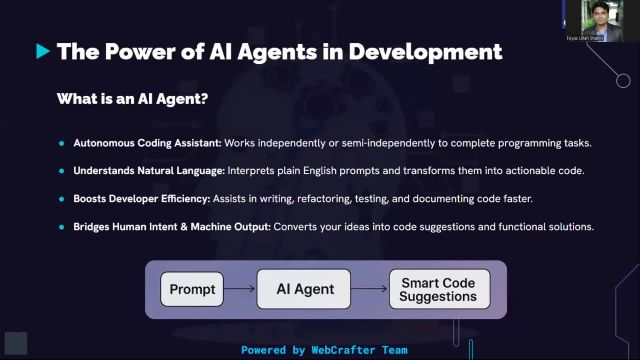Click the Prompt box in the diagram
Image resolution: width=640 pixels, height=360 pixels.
tap(193, 290)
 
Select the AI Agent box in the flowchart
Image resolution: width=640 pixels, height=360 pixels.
tap(306, 290)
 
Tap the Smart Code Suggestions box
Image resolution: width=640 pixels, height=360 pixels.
tap(440, 290)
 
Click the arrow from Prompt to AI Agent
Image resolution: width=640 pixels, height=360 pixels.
tap(241, 290)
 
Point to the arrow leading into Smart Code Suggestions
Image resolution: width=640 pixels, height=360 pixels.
tap(371, 290)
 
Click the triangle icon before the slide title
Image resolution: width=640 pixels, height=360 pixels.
tap(43, 50)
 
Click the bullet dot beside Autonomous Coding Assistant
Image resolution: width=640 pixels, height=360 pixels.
tap(62, 143)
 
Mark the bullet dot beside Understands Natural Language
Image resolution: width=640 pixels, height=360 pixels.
tap(62, 171)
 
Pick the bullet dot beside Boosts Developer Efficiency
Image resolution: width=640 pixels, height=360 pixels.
tap(62, 199)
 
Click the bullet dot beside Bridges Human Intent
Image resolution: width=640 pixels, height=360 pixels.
tap(62, 227)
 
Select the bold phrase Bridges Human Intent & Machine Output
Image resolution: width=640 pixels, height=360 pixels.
tap(171, 227)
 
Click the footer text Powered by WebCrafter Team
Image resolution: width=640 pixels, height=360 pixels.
tap(324, 350)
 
